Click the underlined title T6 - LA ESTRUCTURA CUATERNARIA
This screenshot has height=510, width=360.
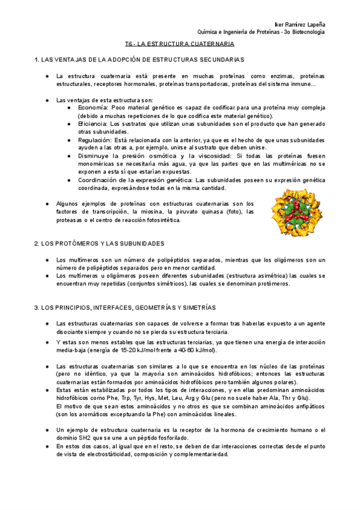pyautogui.click(x=180, y=45)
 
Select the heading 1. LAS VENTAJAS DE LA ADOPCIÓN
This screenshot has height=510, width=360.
pyautogui.click(x=139, y=60)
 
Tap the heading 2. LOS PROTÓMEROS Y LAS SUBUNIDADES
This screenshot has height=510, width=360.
pyautogui.click(x=99, y=244)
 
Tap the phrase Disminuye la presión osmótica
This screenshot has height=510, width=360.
pyautogui.click(x=126, y=156)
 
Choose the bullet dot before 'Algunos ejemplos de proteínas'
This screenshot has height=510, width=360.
pyautogui.click(x=47, y=204)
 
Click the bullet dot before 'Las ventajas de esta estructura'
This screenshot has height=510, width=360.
pyautogui.click(x=47, y=99)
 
